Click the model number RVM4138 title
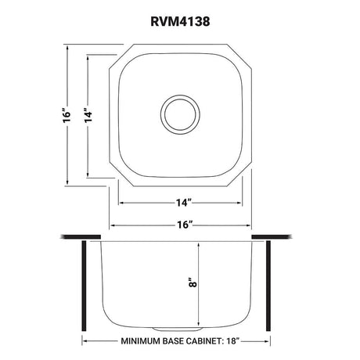180,21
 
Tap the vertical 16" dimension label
67,114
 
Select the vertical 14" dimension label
88,114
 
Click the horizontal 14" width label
184,203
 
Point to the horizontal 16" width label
184,225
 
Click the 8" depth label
193,283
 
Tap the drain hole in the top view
180,114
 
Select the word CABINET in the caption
203,341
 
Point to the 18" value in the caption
232,341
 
